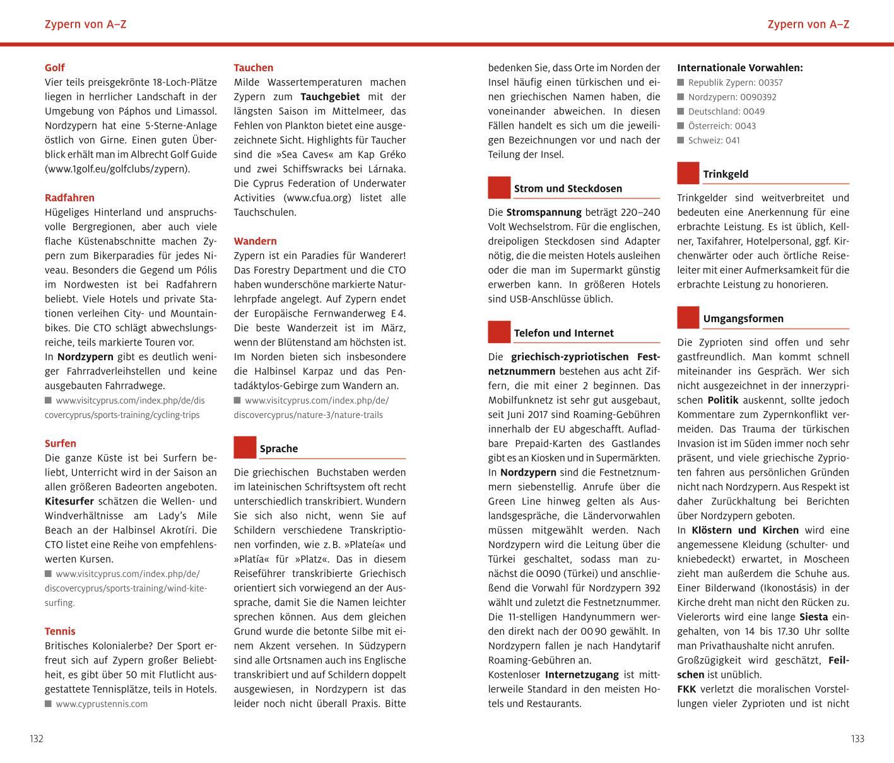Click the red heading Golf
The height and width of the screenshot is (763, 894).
pos(55,67)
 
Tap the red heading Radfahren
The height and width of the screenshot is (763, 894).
pos(69,197)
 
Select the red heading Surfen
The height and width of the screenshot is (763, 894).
pos(61,443)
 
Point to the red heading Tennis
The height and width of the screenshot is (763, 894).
pos(60,631)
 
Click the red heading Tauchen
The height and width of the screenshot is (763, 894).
pos(254,67)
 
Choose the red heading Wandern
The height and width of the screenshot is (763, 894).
pos(255,241)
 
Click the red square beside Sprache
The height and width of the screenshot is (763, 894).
pos(245,448)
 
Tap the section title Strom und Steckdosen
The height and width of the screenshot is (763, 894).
pos(568,189)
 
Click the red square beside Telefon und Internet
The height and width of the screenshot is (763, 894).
pos(499,332)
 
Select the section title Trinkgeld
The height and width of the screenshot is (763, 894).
pos(726,174)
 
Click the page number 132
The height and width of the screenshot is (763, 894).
pos(37,739)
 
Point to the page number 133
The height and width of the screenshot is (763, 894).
pos(857,739)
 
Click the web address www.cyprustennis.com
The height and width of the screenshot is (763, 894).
pos(102,704)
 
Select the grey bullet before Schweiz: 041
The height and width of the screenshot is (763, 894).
pos(681,140)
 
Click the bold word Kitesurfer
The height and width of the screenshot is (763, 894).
pos(69,501)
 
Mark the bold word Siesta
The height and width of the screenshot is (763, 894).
pos(814,617)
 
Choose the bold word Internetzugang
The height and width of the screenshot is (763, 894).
pos(582,675)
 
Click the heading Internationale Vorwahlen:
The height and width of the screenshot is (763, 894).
pos(740,67)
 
